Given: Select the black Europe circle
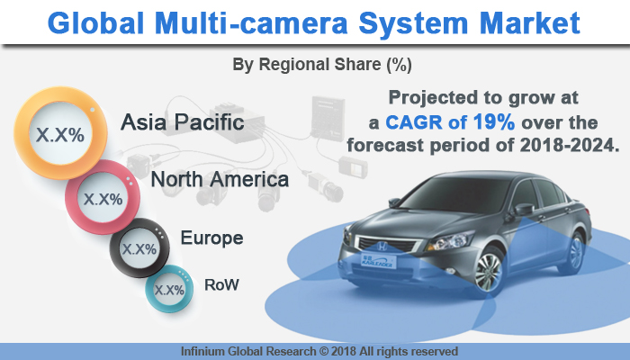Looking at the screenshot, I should (138, 247).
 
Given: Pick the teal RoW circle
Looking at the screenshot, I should (169, 290).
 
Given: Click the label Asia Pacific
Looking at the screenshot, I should (183, 121).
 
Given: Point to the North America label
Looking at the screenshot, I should (220, 179).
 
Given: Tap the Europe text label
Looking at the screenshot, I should (211, 238).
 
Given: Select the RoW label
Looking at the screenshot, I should (221, 285).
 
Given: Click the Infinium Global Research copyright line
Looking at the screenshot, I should (315, 351).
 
